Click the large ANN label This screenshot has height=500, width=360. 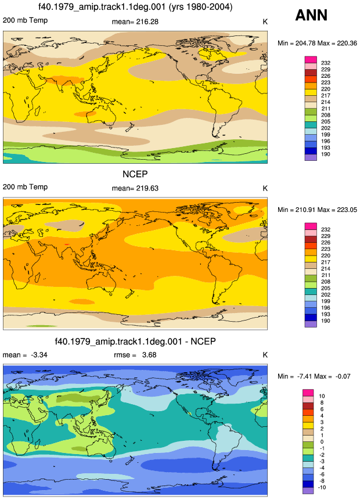tap(311, 15)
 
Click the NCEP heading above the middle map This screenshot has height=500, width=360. tap(135, 174)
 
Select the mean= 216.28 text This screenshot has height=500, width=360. tap(135, 21)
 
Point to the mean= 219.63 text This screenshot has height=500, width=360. tap(135, 188)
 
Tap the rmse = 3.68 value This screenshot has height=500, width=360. tap(135, 355)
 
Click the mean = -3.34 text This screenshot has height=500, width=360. tap(25, 355)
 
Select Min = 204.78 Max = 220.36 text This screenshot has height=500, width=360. tap(317, 43)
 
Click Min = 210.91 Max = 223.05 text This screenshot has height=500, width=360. tap(317, 210)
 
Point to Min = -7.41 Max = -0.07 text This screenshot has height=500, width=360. tap(314, 376)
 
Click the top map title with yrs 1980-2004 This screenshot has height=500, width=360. tap(135, 7)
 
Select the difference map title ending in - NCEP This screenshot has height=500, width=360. tap(135, 341)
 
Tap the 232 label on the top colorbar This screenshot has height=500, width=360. tap(326, 63)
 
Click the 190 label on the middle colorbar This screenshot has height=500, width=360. tap(326, 321)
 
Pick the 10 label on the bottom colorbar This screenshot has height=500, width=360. tap(322, 396)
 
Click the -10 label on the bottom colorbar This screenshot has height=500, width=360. tap(322, 487)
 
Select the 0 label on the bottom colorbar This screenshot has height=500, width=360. tap(322, 442)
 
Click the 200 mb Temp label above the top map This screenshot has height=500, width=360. tap(25, 20)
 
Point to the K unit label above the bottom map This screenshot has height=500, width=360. tap(265, 355)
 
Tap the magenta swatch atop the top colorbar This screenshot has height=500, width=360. tap(311, 60)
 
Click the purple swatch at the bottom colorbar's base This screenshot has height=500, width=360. tap(308, 491)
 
